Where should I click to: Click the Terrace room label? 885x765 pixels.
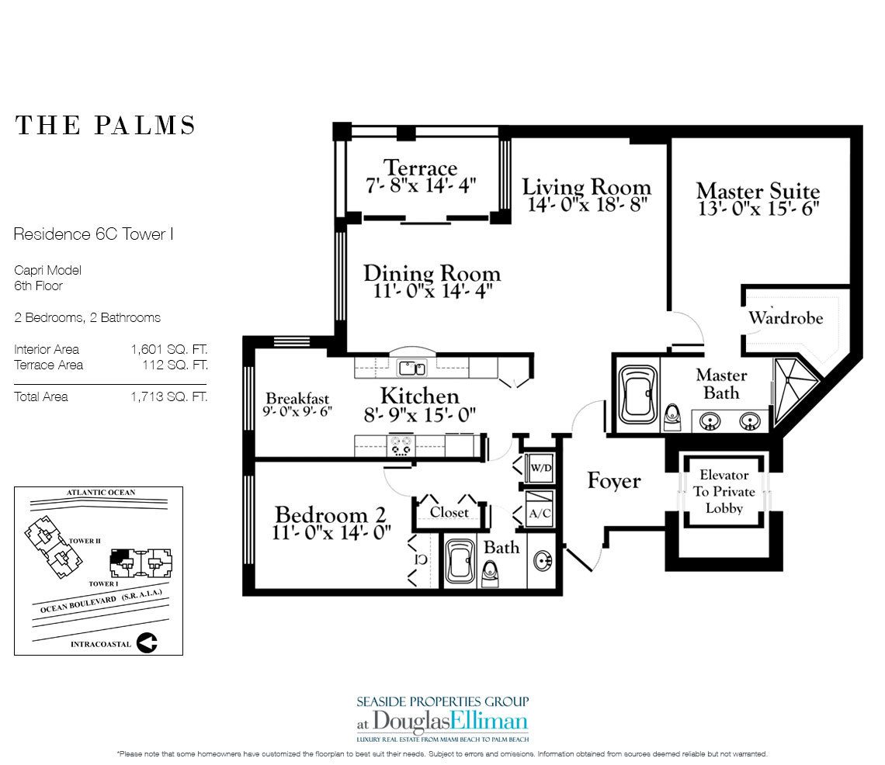click(421, 168)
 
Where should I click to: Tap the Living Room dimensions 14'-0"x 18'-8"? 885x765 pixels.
click(586, 204)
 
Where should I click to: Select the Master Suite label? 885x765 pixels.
click(758, 191)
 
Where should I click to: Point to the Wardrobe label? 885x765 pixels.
click(786, 317)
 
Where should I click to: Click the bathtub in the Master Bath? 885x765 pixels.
click(638, 394)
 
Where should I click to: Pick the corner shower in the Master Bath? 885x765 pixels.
click(793, 389)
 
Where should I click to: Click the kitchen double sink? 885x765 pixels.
click(412, 369)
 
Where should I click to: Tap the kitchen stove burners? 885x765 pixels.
click(401, 445)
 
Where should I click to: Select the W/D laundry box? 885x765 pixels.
click(540, 468)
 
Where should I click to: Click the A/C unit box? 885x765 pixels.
click(540, 510)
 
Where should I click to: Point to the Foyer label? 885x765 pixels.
click(614, 481)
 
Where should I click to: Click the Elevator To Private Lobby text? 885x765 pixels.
click(724, 491)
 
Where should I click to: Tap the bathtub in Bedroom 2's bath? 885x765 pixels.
click(461, 562)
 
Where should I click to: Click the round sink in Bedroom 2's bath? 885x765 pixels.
click(543, 561)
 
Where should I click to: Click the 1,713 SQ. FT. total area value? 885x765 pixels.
click(169, 396)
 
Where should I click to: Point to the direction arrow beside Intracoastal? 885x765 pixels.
click(147, 642)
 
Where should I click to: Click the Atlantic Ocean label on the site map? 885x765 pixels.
click(101, 493)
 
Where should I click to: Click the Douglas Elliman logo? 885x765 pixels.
click(442, 722)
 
